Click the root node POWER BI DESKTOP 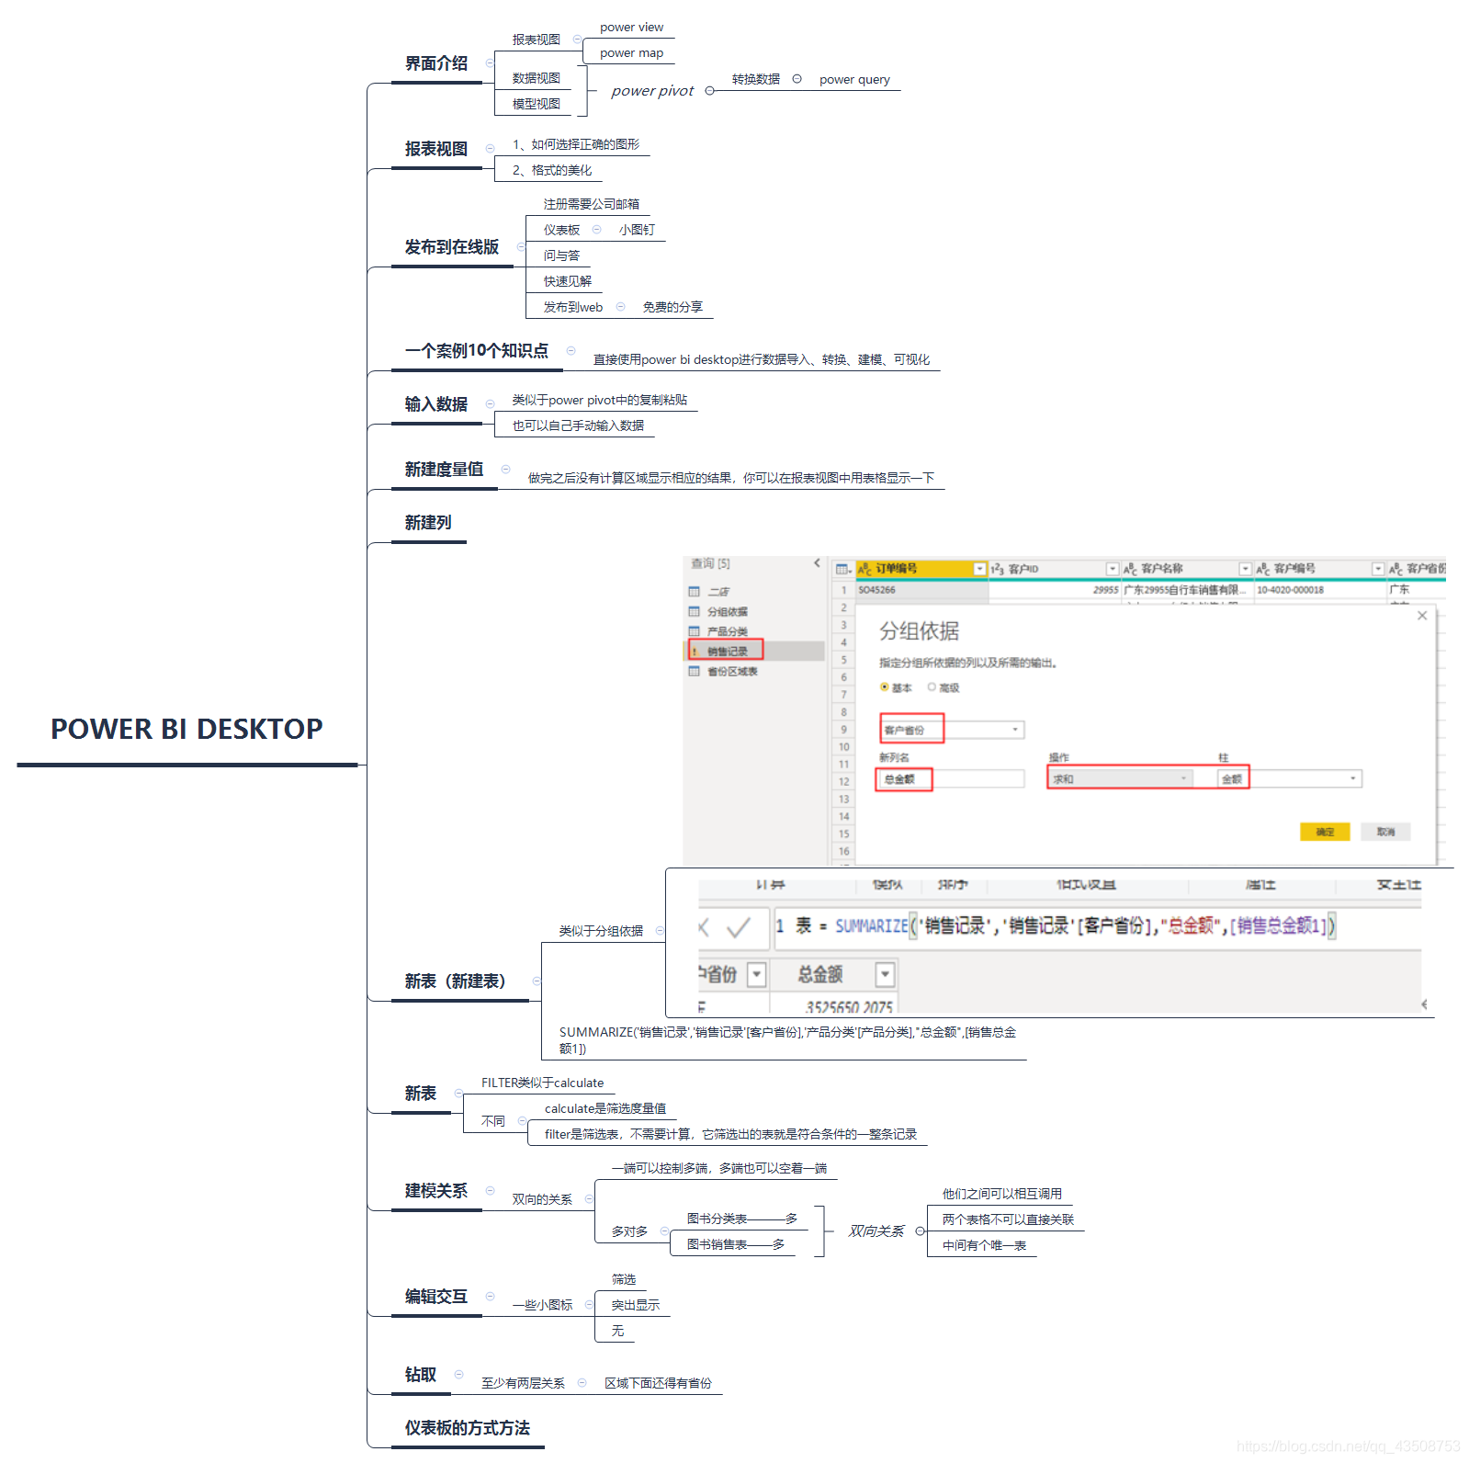point(186,729)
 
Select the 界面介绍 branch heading point(436,63)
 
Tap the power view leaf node point(631,28)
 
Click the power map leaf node point(631,53)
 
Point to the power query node point(854,80)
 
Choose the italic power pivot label point(652,91)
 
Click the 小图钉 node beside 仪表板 point(637,230)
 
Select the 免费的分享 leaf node point(672,307)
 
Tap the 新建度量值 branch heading point(444,470)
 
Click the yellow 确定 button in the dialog point(1324,832)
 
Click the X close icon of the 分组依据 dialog point(1422,616)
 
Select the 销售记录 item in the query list point(727,652)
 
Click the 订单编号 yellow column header point(914,569)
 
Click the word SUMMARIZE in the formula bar point(871,926)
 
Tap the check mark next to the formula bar point(738,927)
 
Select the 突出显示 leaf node point(635,1305)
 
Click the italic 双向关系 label point(876,1231)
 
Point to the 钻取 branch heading point(421,1375)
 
